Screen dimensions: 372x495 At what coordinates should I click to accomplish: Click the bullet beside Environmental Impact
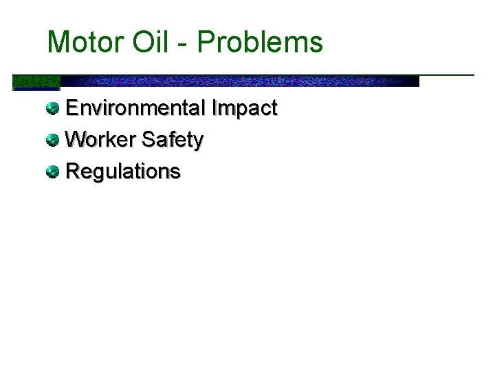pyautogui.click(x=53, y=108)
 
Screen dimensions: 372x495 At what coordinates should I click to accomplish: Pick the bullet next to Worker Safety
pyautogui.click(x=53, y=140)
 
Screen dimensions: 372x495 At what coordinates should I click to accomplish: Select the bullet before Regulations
pyautogui.click(x=53, y=172)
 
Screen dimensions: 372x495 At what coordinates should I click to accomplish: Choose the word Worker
pyautogui.click(x=100, y=140)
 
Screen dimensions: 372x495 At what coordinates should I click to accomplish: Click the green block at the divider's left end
pyautogui.click(x=36, y=83)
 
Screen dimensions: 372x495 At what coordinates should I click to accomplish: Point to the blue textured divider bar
pyautogui.click(x=241, y=81)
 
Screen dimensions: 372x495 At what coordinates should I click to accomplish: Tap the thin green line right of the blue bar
pyautogui.click(x=447, y=74)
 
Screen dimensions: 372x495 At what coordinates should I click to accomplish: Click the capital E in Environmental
pyautogui.click(x=71, y=108)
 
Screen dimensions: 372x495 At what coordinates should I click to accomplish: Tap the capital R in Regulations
pyautogui.click(x=71, y=172)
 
